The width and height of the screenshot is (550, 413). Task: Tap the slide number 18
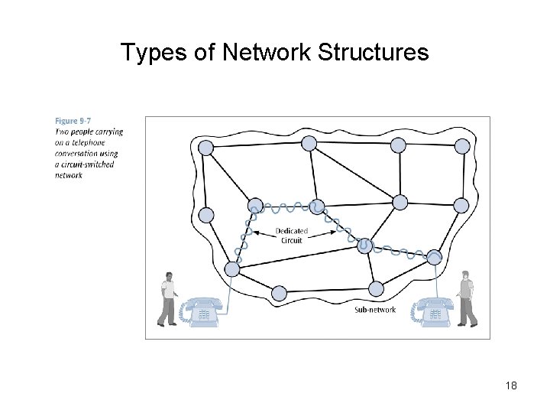511,386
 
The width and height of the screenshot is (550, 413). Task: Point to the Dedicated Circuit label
291,236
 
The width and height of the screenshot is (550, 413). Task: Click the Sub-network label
375,310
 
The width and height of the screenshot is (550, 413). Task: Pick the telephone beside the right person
433,311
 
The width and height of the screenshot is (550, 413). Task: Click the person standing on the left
169,299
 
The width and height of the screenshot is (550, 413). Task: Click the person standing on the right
465,298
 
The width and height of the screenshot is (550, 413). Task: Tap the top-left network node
205,147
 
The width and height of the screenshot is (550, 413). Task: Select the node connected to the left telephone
232,269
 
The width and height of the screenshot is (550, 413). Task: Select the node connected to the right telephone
435,256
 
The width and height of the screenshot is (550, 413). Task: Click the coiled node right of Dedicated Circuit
364,246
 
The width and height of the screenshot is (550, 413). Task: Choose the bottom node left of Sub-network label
279,292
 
